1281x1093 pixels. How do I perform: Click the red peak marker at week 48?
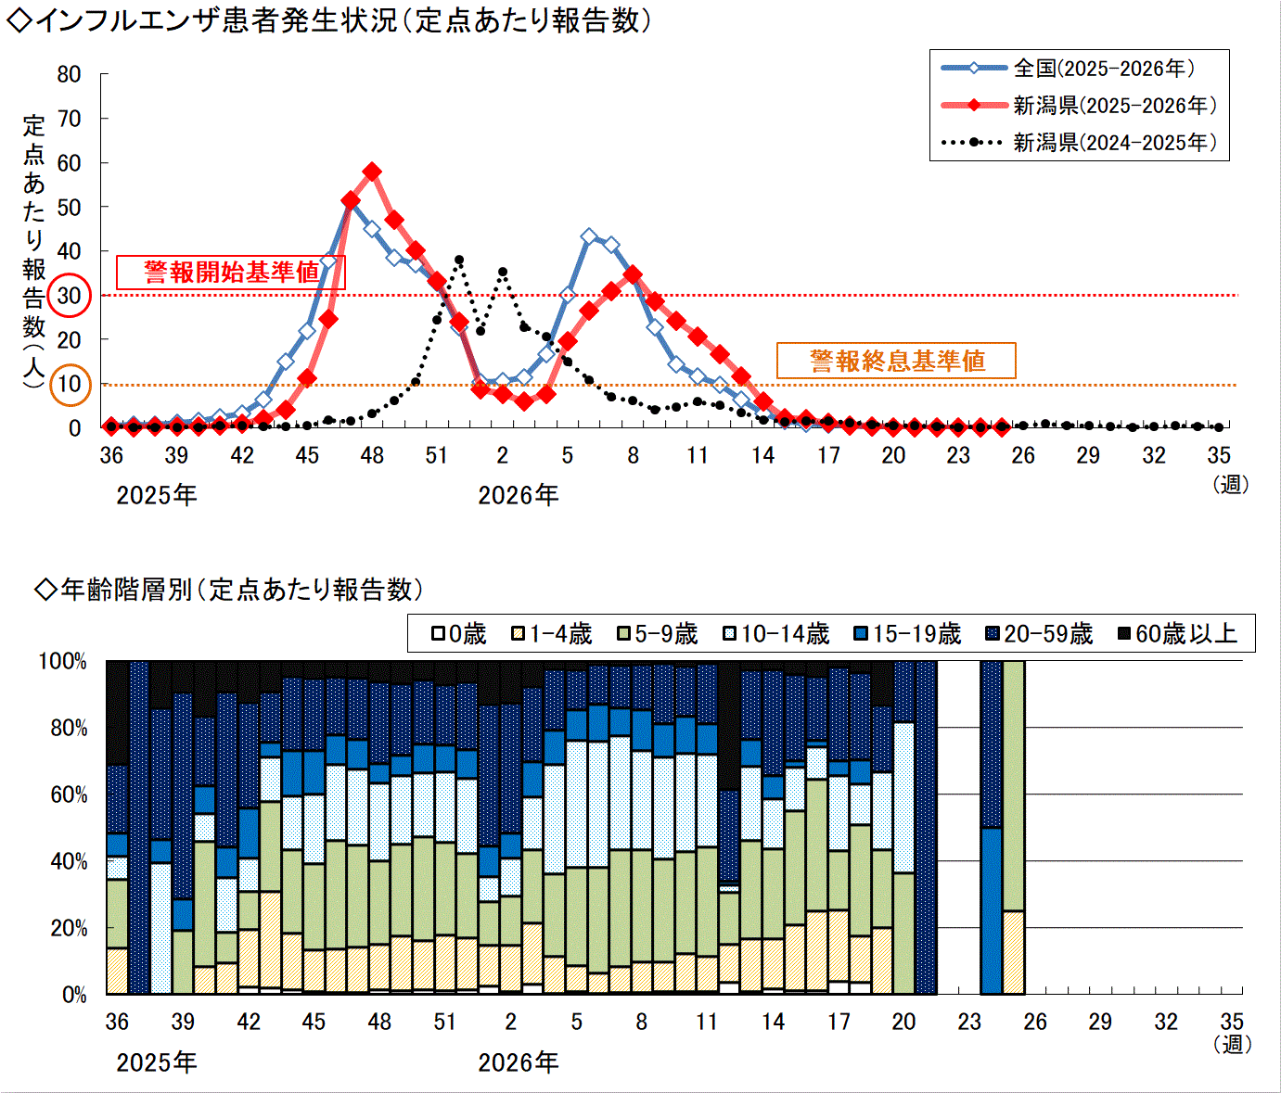point(372,172)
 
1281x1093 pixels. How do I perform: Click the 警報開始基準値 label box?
point(231,272)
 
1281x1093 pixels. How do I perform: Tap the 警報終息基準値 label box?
point(896,361)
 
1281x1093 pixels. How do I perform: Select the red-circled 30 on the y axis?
point(70,296)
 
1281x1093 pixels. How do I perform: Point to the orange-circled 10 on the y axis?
point(70,385)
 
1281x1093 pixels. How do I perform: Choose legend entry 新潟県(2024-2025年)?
point(1079,143)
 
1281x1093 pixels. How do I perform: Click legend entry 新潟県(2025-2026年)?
point(1079,106)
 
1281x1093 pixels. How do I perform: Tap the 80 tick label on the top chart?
point(69,74)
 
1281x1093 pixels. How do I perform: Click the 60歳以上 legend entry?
point(1177,633)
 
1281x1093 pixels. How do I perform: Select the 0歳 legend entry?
point(459,633)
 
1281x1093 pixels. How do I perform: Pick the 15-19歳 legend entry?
point(907,633)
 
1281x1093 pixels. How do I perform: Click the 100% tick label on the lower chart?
point(62,661)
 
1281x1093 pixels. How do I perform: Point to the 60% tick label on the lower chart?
point(69,794)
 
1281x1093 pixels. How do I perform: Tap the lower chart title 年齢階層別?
point(126,589)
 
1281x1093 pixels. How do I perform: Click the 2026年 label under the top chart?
point(519,495)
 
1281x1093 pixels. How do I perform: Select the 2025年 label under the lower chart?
point(157,1062)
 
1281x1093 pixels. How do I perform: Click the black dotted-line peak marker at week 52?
point(458,261)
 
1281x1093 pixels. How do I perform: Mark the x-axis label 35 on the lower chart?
point(1232,1022)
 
